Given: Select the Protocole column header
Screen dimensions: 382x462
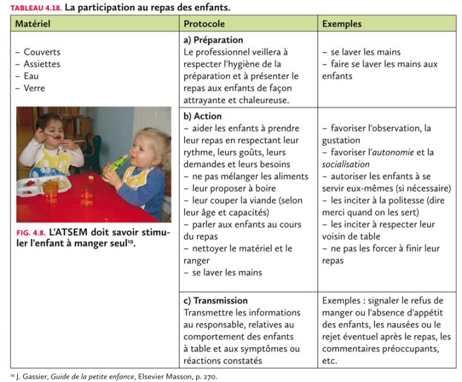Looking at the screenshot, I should (x=204, y=24).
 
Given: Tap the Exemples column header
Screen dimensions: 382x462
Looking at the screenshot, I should (x=341, y=24).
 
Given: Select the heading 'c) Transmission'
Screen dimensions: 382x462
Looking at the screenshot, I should (x=216, y=300).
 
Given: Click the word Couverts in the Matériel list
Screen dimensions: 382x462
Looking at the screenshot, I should (x=42, y=52).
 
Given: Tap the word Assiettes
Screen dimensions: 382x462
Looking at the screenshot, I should (x=42, y=64).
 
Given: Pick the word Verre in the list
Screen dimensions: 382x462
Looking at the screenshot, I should (x=35, y=89).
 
